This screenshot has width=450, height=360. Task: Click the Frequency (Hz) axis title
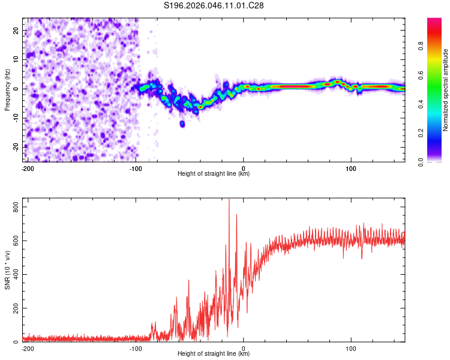pyautogui.click(x=7, y=90)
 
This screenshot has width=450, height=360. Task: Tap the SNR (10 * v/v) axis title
pyautogui.click(x=7, y=270)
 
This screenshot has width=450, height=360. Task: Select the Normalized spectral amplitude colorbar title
pyautogui.click(x=445, y=90)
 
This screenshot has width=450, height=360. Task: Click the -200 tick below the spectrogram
pyautogui.click(x=27, y=168)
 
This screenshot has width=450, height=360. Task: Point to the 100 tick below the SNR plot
pyautogui.click(x=351, y=348)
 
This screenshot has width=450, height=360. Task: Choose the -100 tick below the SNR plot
pyautogui.click(x=136, y=348)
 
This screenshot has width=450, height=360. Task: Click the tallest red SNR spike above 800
pyautogui.click(x=229, y=201)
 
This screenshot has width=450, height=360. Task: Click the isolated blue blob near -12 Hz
pyautogui.click(x=182, y=124)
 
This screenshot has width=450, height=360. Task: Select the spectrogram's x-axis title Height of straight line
pyautogui.click(x=214, y=174)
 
